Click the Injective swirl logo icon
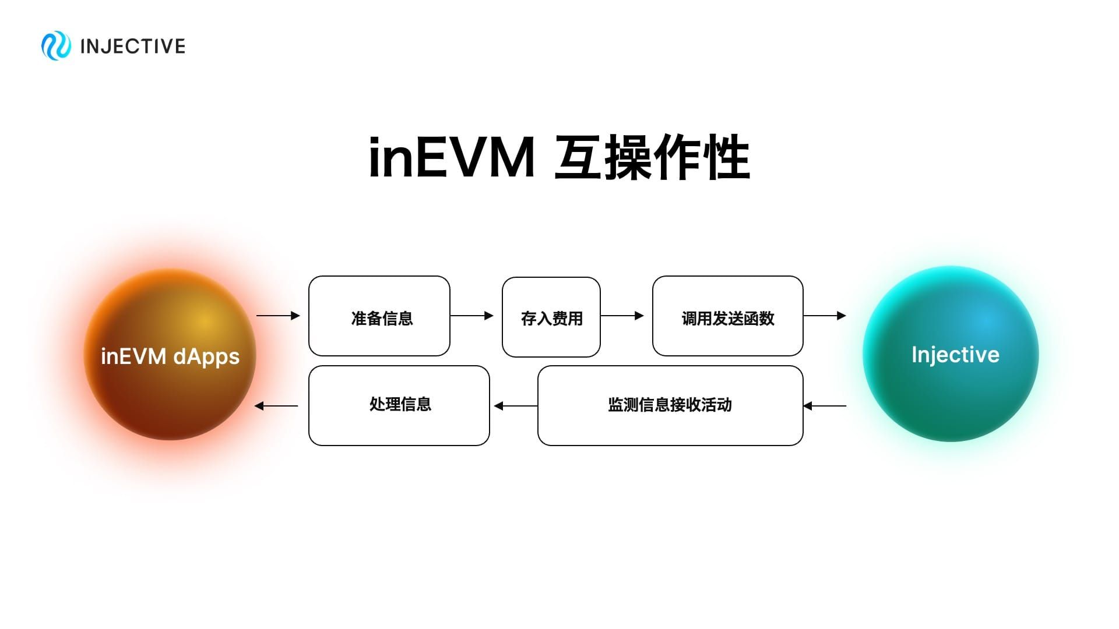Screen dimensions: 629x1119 pyautogui.click(x=56, y=46)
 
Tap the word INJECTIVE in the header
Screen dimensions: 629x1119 pyautogui.click(x=133, y=47)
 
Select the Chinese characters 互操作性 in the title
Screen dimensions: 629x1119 pyautogui.click(x=652, y=158)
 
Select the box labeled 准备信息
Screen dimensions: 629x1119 pyautogui.click(x=379, y=316)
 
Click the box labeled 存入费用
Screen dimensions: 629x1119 pyautogui.click(x=551, y=317)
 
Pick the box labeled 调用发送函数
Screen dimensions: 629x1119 pyautogui.click(x=728, y=316)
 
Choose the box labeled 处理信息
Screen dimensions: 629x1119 pyautogui.click(x=399, y=405)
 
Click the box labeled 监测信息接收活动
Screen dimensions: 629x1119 pyautogui.click(x=670, y=405)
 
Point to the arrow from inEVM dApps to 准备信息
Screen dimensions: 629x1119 pyautogui.click(x=278, y=316)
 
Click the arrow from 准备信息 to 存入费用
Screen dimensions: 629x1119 pyautogui.click(x=472, y=316)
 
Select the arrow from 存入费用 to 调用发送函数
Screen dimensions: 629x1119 pyautogui.click(x=622, y=316)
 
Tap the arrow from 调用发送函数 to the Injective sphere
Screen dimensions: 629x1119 pyautogui.click(x=825, y=316)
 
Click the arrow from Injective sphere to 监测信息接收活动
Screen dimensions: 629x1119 pyautogui.click(x=825, y=406)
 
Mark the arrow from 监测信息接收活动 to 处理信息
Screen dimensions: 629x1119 pyautogui.click(x=516, y=406)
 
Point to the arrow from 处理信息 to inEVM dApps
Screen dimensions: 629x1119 pyautogui.click(x=277, y=406)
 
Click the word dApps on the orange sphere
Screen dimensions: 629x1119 pyautogui.click(x=206, y=356)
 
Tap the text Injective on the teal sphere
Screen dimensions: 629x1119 pyautogui.click(x=955, y=355)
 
